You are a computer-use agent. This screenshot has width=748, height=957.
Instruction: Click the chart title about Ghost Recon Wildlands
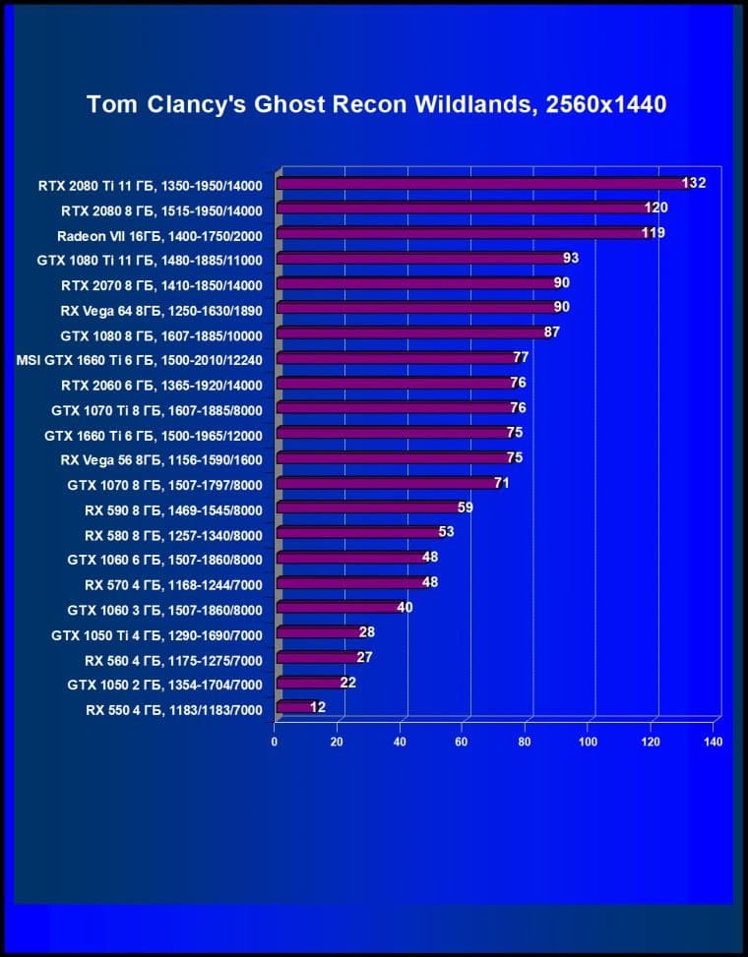pos(377,104)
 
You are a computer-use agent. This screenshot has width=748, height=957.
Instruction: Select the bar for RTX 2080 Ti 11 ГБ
pos(482,183)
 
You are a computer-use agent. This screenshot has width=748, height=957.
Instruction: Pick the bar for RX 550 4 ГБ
pos(293,706)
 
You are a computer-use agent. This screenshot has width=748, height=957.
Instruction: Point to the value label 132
pos(695,183)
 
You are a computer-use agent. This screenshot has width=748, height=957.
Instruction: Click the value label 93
pos(571,258)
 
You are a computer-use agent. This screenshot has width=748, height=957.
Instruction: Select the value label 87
pos(552,332)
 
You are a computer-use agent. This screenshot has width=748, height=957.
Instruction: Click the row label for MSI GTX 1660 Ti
pos(140,358)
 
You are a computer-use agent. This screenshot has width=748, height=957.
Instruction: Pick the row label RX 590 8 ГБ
pos(173,508)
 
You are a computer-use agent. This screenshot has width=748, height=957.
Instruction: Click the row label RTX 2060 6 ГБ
pos(161,384)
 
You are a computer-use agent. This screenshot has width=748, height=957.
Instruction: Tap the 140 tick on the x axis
pos(714,742)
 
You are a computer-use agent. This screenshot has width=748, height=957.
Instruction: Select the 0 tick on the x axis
pos(275,742)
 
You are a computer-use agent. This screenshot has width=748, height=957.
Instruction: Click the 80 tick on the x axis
pos(526,742)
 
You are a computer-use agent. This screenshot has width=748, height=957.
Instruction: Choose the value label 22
pos(348,682)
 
